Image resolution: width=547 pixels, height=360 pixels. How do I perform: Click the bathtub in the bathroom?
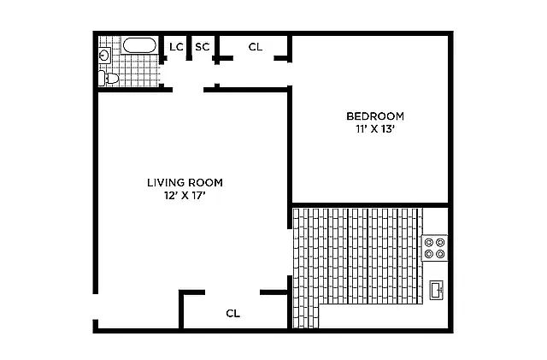pos(139,45)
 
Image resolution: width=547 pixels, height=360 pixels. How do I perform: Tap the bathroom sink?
pos(104,56)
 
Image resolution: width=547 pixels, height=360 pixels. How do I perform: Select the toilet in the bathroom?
pos(109,78)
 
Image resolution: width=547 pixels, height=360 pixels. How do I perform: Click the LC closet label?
pos(176,47)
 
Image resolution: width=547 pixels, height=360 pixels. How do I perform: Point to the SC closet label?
pos(203,47)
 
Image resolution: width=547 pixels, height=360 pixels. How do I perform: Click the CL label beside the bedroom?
pos(256,47)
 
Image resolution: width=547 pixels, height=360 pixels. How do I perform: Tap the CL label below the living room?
pos(233,313)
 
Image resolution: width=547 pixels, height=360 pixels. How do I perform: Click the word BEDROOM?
pos(375,116)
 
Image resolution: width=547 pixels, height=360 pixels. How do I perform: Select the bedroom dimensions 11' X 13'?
pos(375,129)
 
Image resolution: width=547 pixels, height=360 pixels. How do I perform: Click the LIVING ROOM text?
pos(185,183)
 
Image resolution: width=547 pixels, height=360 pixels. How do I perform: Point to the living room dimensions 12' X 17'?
pos(185,196)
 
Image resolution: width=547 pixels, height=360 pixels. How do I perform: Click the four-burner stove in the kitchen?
pos(435,248)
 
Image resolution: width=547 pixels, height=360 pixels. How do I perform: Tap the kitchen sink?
pos(437,290)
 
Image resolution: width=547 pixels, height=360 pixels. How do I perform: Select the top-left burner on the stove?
pos(429,242)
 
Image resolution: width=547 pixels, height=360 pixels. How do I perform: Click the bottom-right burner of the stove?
pos(441,254)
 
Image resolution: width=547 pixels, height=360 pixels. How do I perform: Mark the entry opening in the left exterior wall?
pos(95,307)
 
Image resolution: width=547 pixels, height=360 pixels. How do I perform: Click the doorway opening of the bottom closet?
pos(232,292)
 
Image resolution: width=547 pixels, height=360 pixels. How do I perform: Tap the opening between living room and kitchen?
pos(289,252)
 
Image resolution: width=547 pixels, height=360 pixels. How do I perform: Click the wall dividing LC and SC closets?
pos(189,48)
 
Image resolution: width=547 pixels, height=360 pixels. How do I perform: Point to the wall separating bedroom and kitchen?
pos(370,205)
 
